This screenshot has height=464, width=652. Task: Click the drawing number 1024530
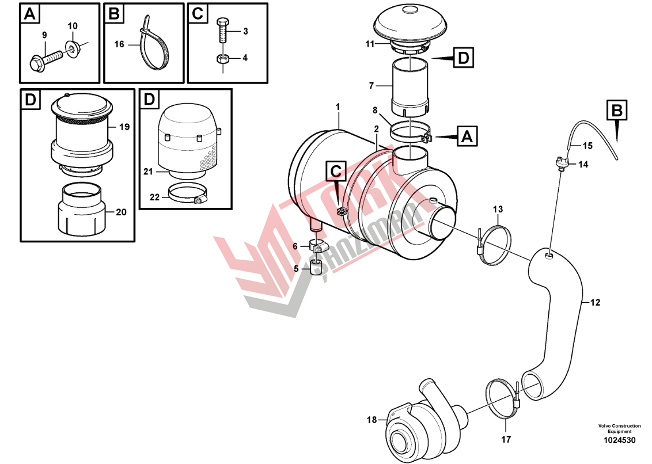(x=619, y=440)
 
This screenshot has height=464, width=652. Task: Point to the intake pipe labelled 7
(x=410, y=86)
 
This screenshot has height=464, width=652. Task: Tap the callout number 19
(x=124, y=127)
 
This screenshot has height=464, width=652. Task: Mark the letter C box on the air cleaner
(x=336, y=172)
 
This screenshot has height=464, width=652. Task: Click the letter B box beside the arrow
(x=617, y=110)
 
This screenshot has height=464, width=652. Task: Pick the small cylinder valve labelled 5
(x=315, y=268)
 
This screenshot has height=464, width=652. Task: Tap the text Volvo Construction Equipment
(x=619, y=428)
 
